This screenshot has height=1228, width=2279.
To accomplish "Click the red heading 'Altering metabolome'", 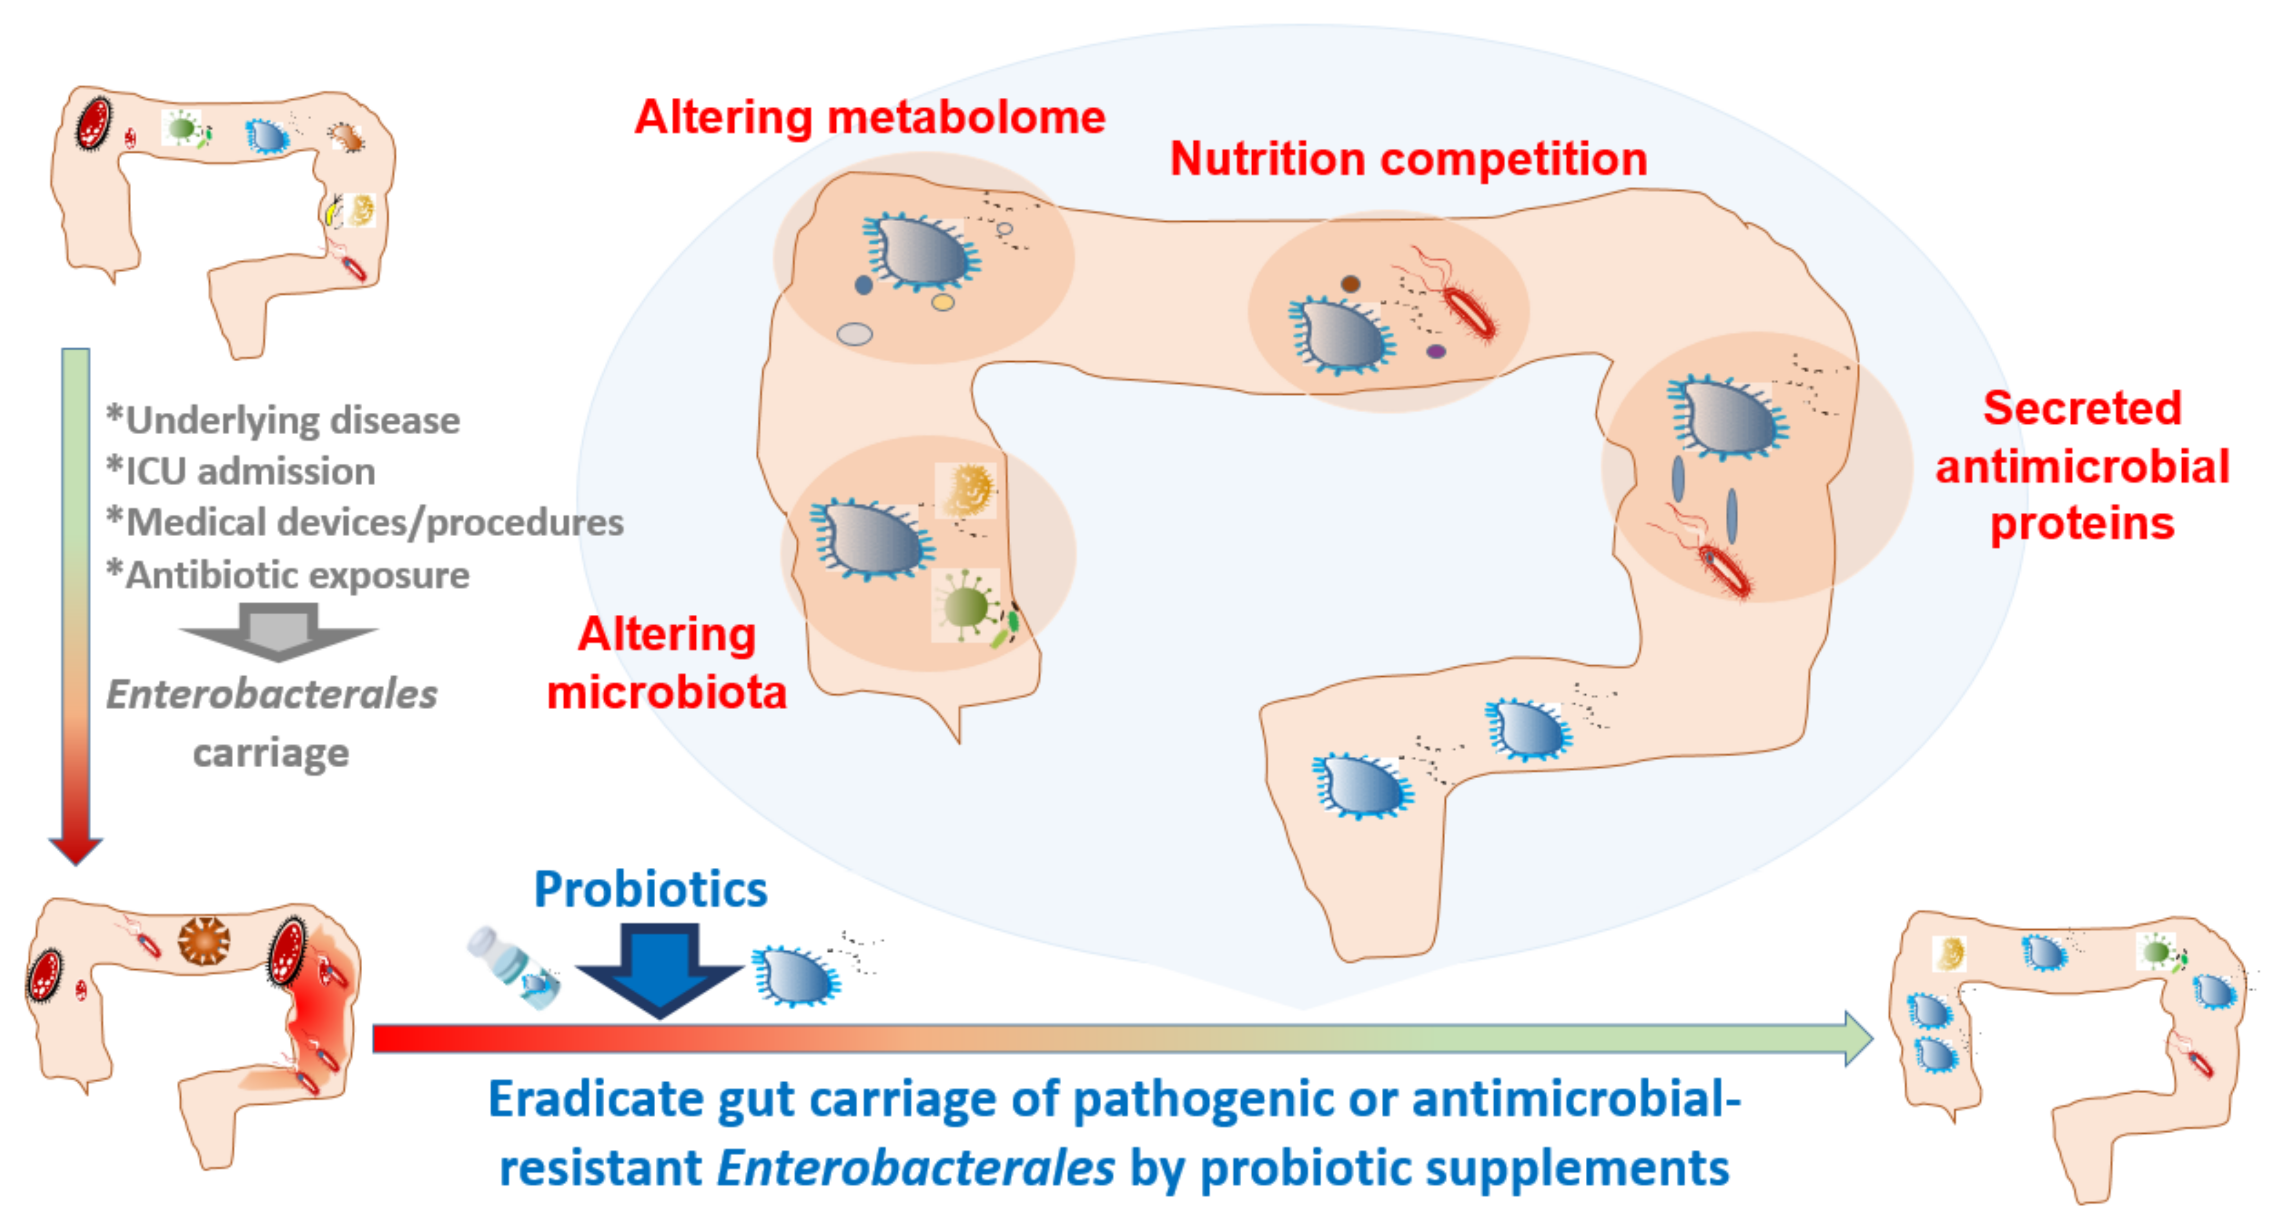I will [x=870, y=118].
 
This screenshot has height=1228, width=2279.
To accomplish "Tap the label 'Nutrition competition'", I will [x=1408, y=160].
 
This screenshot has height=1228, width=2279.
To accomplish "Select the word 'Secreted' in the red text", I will [x=2082, y=409].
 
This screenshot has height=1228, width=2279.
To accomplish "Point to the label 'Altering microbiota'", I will [x=666, y=664].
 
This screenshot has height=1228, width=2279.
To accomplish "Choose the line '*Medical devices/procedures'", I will [x=364, y=523].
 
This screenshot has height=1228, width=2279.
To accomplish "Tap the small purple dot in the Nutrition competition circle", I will [x=1436, y=351].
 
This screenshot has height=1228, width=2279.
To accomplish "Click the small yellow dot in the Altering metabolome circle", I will [x=943, y=302].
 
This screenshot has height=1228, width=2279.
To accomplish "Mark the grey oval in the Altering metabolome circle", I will [x=855, y=334].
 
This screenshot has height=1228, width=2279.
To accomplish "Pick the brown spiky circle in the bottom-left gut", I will [x=205, y=941].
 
